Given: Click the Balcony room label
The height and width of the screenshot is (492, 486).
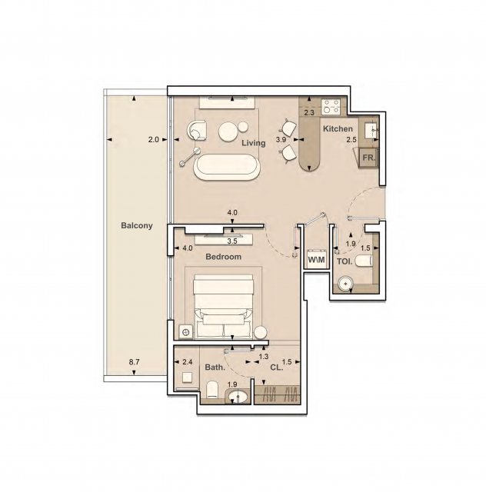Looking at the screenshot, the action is coord(137,225).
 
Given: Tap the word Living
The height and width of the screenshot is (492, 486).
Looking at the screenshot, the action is coord(253,143).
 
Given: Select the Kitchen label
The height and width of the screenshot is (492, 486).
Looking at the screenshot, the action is coord(338,128).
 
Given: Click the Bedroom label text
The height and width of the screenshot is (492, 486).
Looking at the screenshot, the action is coord(223,257).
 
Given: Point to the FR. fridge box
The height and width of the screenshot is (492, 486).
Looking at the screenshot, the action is coord(368,158).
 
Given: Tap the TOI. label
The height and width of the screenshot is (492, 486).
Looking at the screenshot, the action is coord(345,261).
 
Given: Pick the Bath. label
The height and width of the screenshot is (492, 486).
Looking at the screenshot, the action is coord(215,367).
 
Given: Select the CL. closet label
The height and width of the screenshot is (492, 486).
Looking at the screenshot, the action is coord(277,367).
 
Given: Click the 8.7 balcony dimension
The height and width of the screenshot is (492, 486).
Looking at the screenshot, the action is coord(134,362).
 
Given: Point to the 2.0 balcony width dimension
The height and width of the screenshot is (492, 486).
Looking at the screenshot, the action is coord(153,140).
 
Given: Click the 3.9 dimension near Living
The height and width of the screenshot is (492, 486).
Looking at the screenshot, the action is coord(281,140).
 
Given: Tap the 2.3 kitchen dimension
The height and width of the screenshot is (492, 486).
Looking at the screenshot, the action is coord(309,113).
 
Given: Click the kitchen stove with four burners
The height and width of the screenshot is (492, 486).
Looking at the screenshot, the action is coord(331,106).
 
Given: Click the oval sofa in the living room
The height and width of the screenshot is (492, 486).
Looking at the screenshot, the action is coord(227,167).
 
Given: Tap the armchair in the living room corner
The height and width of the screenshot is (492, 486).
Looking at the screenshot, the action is coord(197,130).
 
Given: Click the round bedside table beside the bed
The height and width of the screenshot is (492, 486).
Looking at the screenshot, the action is coord(260,333).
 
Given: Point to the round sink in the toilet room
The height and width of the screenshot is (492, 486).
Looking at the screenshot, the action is coord(345,284).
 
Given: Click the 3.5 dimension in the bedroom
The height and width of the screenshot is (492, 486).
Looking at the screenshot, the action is coord(232,241).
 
